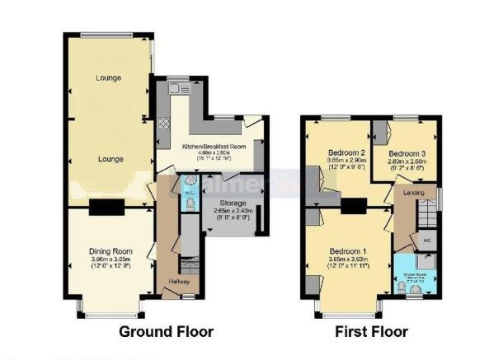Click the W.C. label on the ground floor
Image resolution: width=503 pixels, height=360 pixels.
(x=189, y=193)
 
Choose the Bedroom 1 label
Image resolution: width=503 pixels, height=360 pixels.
(x=348, y=251)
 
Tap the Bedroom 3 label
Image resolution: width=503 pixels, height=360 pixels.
(x=407, y=153)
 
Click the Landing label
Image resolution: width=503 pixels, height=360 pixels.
(x=415, y=192)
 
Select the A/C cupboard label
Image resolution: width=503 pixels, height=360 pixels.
(x=427, y=240)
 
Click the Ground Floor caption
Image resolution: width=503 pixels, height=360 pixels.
(x=167, y=332)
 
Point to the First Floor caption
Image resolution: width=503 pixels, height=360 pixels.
(x=371, y=332)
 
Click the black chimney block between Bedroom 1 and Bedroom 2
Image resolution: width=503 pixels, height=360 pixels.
(x=354, y=206)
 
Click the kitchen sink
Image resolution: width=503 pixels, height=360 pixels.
(x=176, y=87)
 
